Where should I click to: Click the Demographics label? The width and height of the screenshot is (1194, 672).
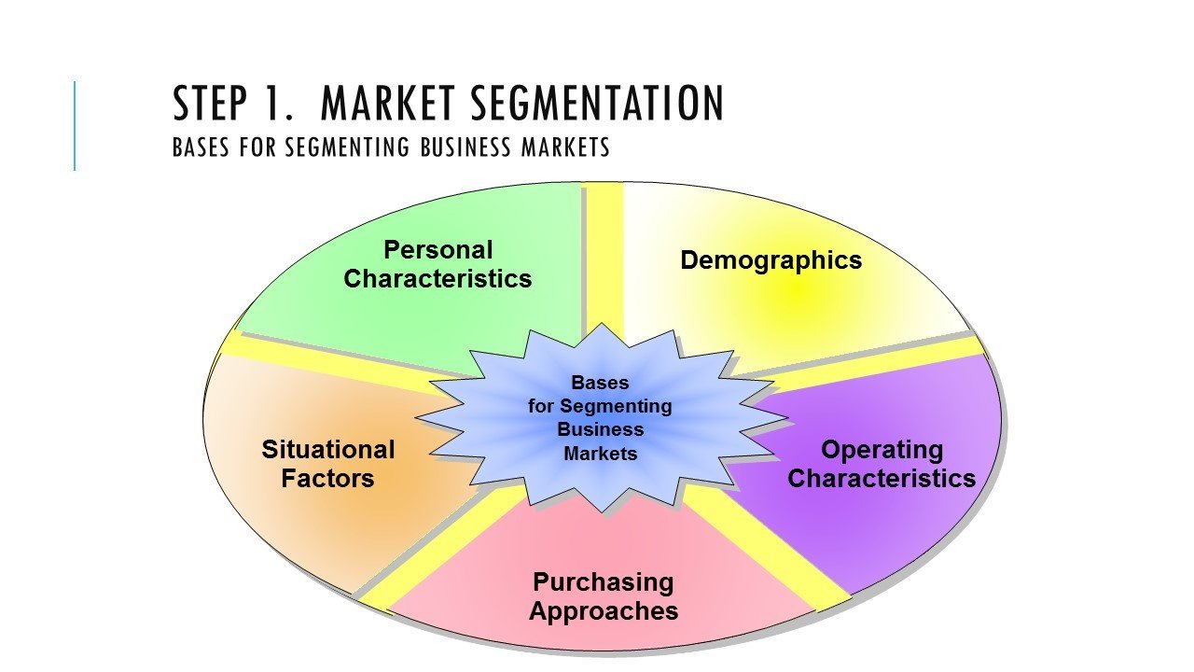771,260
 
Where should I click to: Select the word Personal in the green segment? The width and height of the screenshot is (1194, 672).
437,250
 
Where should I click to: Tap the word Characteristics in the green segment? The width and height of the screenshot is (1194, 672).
437,279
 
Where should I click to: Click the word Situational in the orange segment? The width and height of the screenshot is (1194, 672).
328,450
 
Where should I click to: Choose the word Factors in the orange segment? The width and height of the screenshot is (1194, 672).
328,479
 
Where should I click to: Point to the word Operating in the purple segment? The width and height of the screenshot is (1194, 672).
882,450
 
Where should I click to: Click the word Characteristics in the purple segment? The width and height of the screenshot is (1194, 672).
882,479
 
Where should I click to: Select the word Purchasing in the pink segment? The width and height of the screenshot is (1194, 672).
603,582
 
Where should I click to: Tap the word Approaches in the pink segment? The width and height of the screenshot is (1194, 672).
603,612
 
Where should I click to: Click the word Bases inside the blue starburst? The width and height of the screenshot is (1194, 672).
600,383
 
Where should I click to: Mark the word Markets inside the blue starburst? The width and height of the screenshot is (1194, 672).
600,455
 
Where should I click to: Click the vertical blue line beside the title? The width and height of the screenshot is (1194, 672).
75,126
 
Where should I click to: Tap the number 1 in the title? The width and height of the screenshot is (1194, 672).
280,105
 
